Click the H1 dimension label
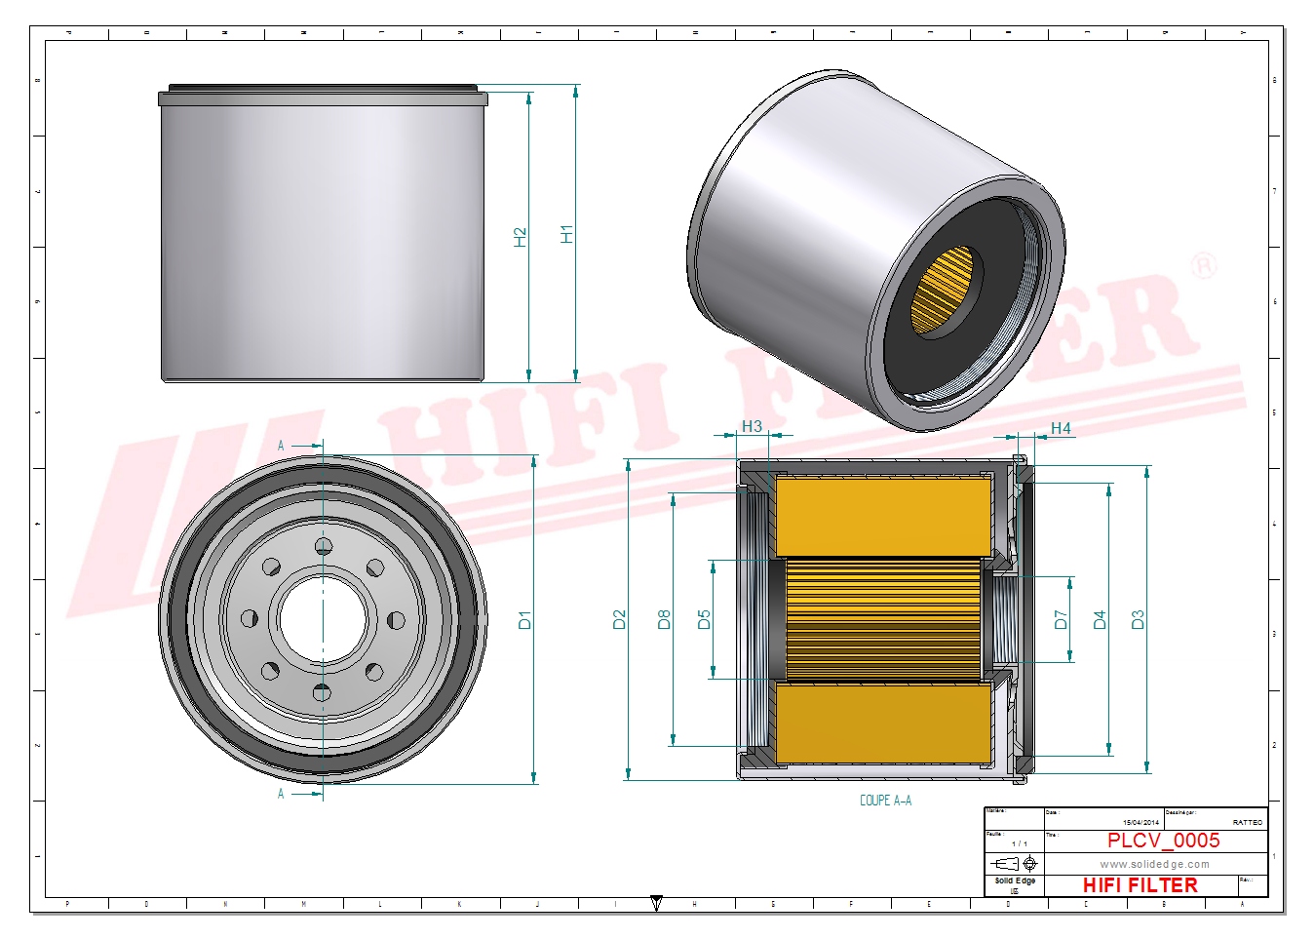click(x=567, y=234)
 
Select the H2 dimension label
click(x=520, y=237)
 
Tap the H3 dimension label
click(x=752, y=426)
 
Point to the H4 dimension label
click(x=1061, y=428)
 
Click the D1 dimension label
click(x=524, y=619)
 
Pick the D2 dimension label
click(x=619, y=619)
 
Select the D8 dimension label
click(x=664, y=619)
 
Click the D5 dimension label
click(x=704, y=619)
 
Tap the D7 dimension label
click(x=1061, y=619)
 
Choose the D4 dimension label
click(x=1100, y=619)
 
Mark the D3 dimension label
click(x=1137, y=619)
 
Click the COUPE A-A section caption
click(x=885, y=801)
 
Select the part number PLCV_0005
click(x=1163, y=841)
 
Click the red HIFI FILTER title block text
click(x=1140, y=885)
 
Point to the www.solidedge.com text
click(x=1154, y=864)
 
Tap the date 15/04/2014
click(x=1141, y=823)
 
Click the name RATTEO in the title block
click(x=1247, y=823)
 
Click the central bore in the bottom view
click(x=323, y=619)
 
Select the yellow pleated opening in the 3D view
click(x=942, y=290)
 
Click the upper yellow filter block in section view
click(x=882, y=517)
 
